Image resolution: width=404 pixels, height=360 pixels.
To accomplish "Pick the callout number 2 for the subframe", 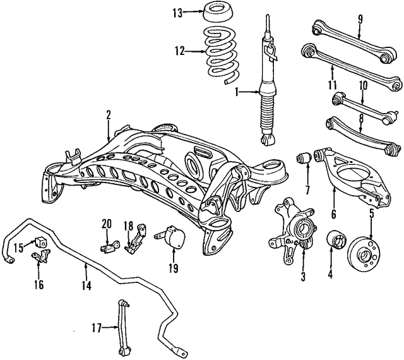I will point(108,114).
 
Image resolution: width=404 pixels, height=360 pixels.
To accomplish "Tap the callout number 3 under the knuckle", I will point(303,276).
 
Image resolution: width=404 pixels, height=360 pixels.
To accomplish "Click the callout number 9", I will point(360,17).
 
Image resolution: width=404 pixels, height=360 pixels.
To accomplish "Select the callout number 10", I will point(363,85).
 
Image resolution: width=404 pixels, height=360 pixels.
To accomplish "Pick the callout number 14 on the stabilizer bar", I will point(86,286).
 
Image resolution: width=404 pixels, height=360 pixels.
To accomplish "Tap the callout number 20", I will point(105,222).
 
